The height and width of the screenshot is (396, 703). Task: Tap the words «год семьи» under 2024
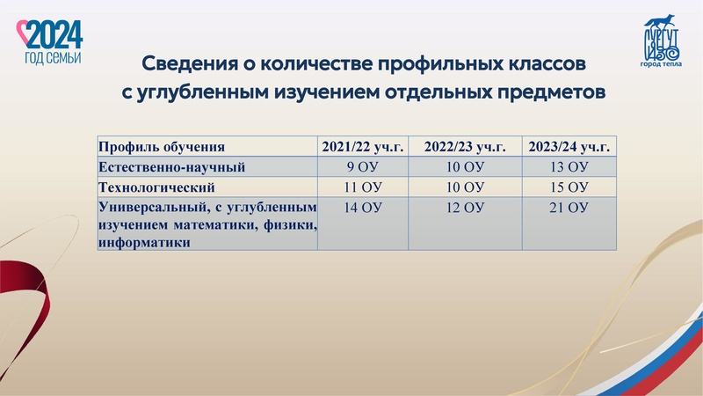click(x=54, y=57)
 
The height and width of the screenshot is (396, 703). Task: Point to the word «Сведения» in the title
click(x=187, y=65)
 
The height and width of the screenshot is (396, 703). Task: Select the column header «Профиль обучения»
click(x=162, y=147)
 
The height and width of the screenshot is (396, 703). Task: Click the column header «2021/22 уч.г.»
click(x=362, y=147)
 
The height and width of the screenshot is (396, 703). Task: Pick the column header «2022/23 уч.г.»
click(x=465, y=147)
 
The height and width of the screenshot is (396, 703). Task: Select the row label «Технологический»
click(x=157, y=187)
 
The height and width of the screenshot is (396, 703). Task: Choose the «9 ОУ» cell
click(x=362, y=167)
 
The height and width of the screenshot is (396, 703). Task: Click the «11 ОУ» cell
click(x=362, y=187)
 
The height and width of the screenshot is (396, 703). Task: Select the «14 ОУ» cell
click(x=362, y=208)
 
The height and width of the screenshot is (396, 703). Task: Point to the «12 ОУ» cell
click(x=465, y=208)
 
